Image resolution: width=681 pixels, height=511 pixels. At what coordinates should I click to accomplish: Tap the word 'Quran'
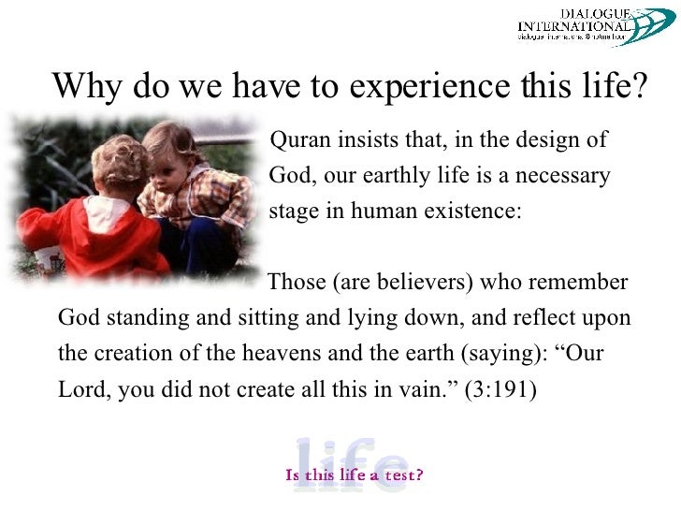296,141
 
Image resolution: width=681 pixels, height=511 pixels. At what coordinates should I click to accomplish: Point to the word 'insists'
358,141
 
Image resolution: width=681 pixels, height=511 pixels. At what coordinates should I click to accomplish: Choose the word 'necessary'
567,176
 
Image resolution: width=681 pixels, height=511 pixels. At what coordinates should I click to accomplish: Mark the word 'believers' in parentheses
419,283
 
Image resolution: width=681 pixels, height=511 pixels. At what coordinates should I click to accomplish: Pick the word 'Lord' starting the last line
81,389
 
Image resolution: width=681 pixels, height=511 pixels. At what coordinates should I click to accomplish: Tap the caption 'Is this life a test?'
355,474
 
